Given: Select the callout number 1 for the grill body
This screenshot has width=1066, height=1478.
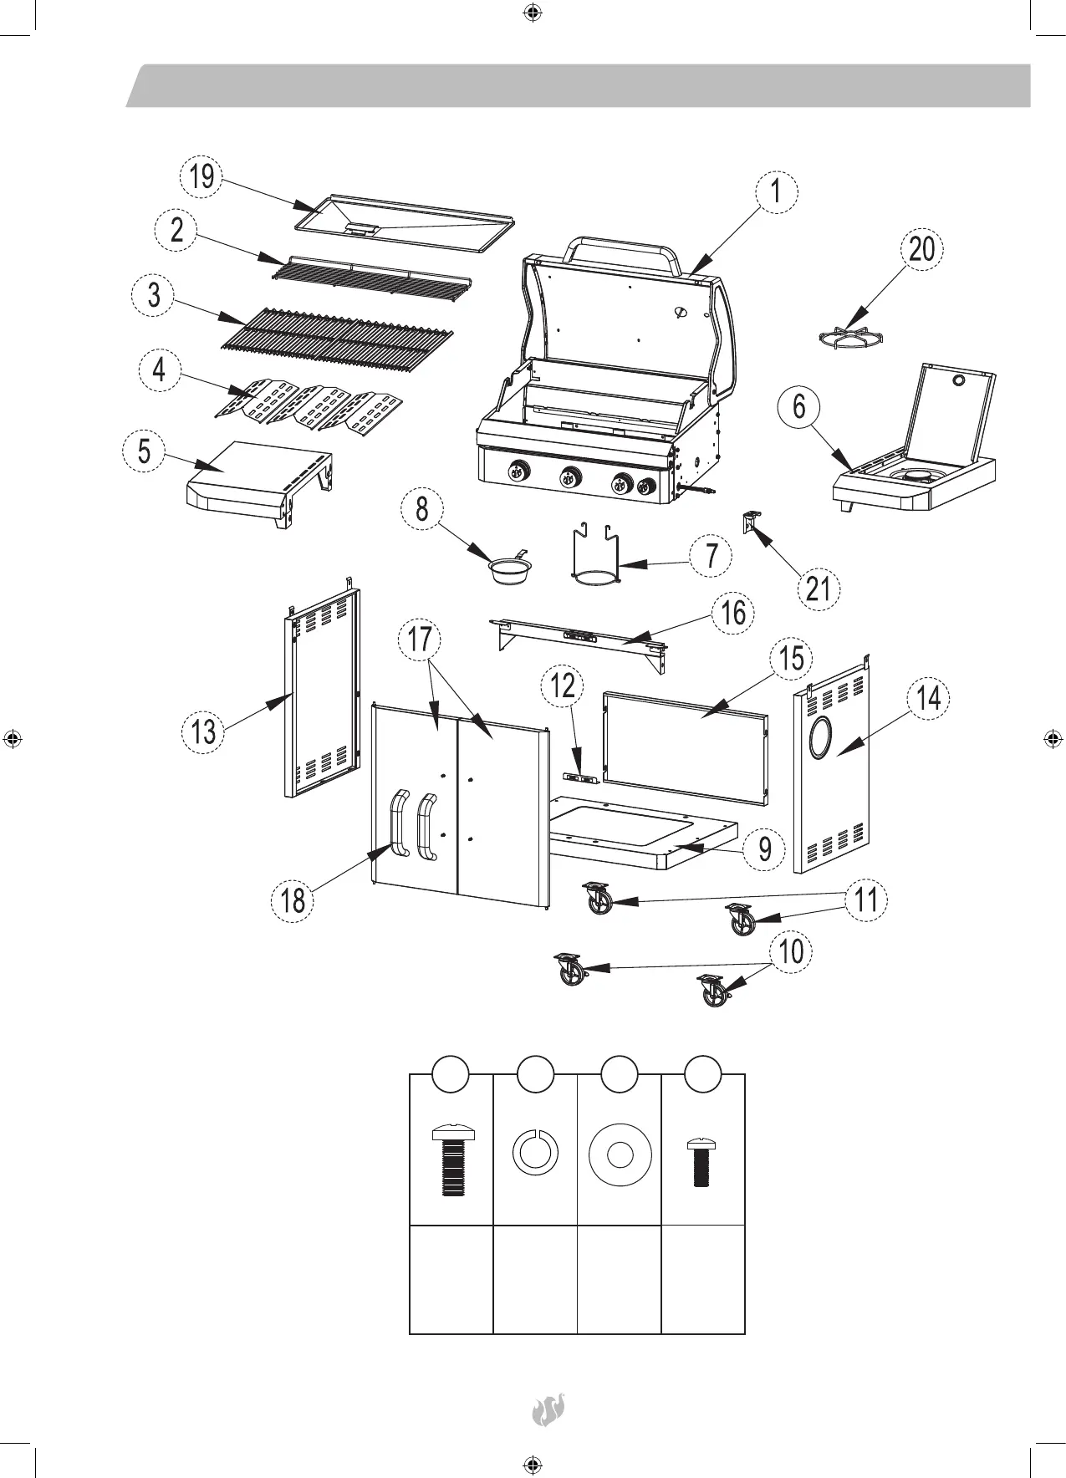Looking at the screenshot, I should pos(777,192).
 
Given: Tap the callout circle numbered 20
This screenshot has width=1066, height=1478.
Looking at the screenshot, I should pos(921,249).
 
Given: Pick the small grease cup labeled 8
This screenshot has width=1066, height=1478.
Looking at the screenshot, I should pos(507,572).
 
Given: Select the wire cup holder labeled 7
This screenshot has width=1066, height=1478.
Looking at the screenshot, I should pos(594,556).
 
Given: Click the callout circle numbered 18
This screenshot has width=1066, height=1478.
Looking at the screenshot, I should pos(293,900).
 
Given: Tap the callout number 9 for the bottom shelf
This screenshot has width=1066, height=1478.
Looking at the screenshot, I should pos(764,849).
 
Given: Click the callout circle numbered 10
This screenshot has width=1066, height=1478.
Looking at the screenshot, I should pos(790,951).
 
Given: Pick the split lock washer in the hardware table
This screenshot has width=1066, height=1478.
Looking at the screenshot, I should pos(534,1152).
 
